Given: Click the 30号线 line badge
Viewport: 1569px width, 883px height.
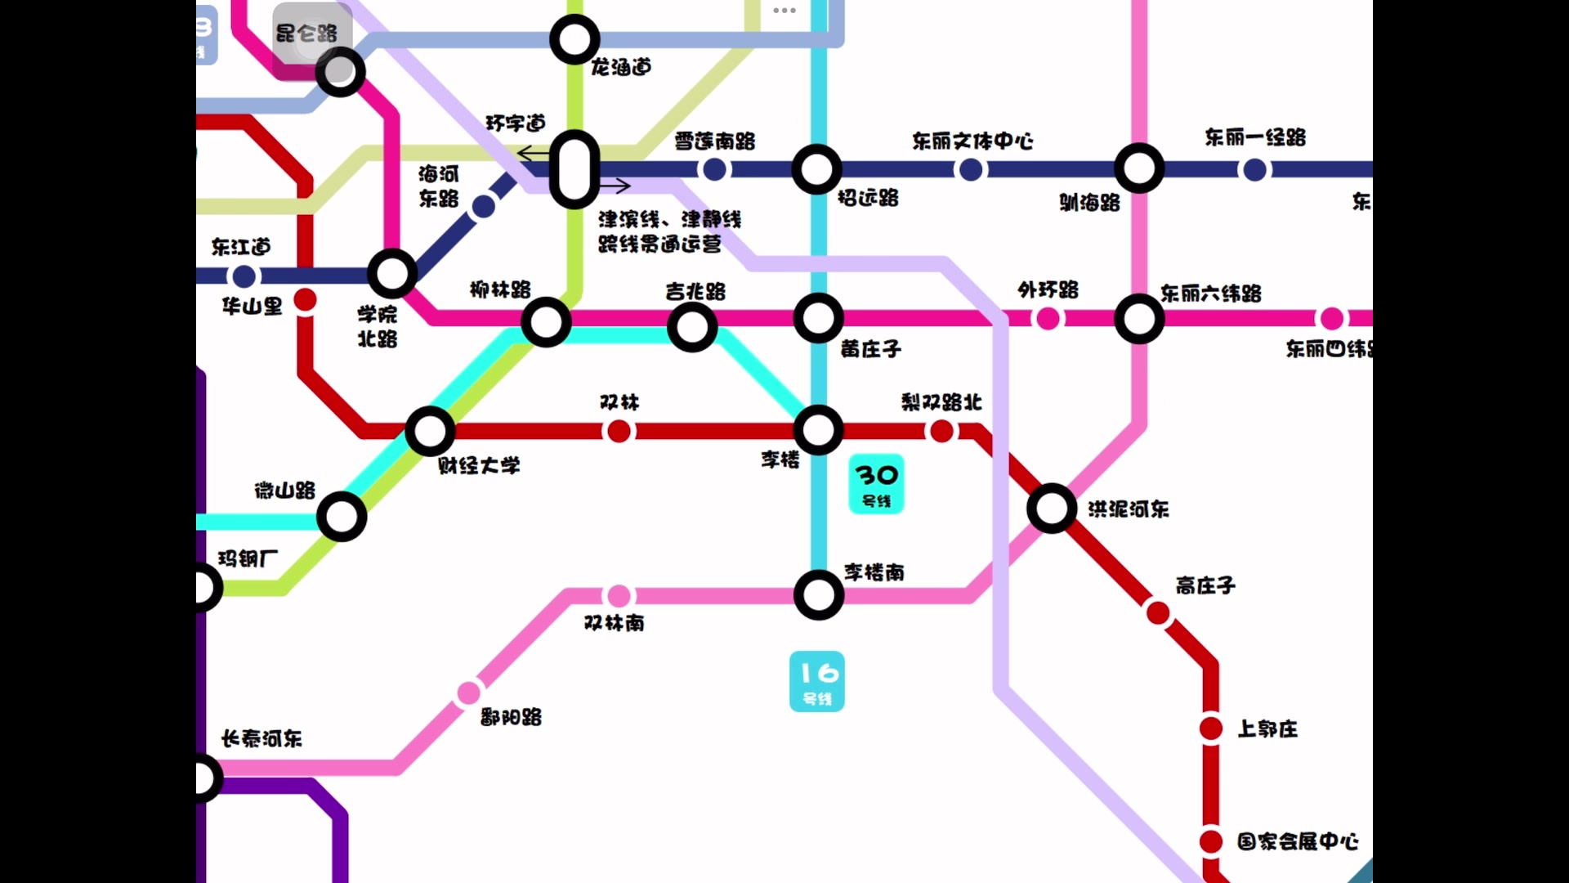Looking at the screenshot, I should click(x=876, y=484).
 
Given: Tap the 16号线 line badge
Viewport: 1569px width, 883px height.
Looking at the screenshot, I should click(x=816, y=681).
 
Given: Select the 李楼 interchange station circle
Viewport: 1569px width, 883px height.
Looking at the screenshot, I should click(x=818, y=430).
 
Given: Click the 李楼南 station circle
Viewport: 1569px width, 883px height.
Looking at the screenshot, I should click(x=818, y=595).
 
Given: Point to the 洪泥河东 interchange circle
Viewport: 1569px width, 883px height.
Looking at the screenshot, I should click(x=1051, y=509).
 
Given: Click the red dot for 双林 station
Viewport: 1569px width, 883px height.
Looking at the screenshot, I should click(x=619, y=431).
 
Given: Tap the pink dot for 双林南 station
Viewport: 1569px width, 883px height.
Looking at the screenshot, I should click(x=619, y=595).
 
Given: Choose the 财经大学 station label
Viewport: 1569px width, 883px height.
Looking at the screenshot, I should click(x=479, y=466).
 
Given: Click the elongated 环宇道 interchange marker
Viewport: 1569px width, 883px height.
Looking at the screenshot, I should click(x=574, y=170).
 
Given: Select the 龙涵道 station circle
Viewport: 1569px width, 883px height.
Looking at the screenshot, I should click(x=574, y=39).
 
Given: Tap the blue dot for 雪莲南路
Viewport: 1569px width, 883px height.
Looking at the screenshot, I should click(x=714, y=170).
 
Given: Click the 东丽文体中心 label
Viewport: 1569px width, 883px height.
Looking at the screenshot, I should click(x=972, y=141).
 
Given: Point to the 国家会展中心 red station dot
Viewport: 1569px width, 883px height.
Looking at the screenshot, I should click(x=1210, y=840).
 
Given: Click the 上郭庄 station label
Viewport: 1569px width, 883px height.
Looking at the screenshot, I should click(x=1267, y=728).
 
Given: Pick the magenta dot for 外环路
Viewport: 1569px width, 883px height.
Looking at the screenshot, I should click(x=1048, y=319).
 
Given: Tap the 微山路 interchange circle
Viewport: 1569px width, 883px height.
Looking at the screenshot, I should click(x=342, y=517).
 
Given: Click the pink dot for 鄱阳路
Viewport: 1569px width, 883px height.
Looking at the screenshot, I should click(x=468, y=693).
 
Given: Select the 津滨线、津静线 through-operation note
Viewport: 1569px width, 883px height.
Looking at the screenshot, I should click(x=669, y=231).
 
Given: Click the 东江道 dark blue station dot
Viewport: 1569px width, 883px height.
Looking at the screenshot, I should click(x=244, y=276).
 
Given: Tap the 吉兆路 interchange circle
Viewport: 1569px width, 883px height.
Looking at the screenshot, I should click(x=692, y=327).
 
